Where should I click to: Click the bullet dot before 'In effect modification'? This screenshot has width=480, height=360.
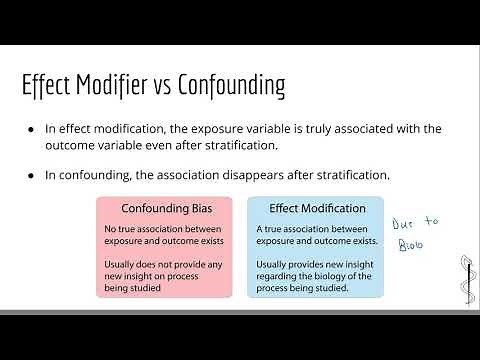tap(33, 129)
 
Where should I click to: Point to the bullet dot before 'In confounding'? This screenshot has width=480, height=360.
tap(33, 175)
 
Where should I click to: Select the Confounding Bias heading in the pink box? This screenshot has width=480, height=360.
tap(164, 209)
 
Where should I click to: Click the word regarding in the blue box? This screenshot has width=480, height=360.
tap(277, 276)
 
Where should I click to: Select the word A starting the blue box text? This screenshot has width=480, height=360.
tap(258, 230)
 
